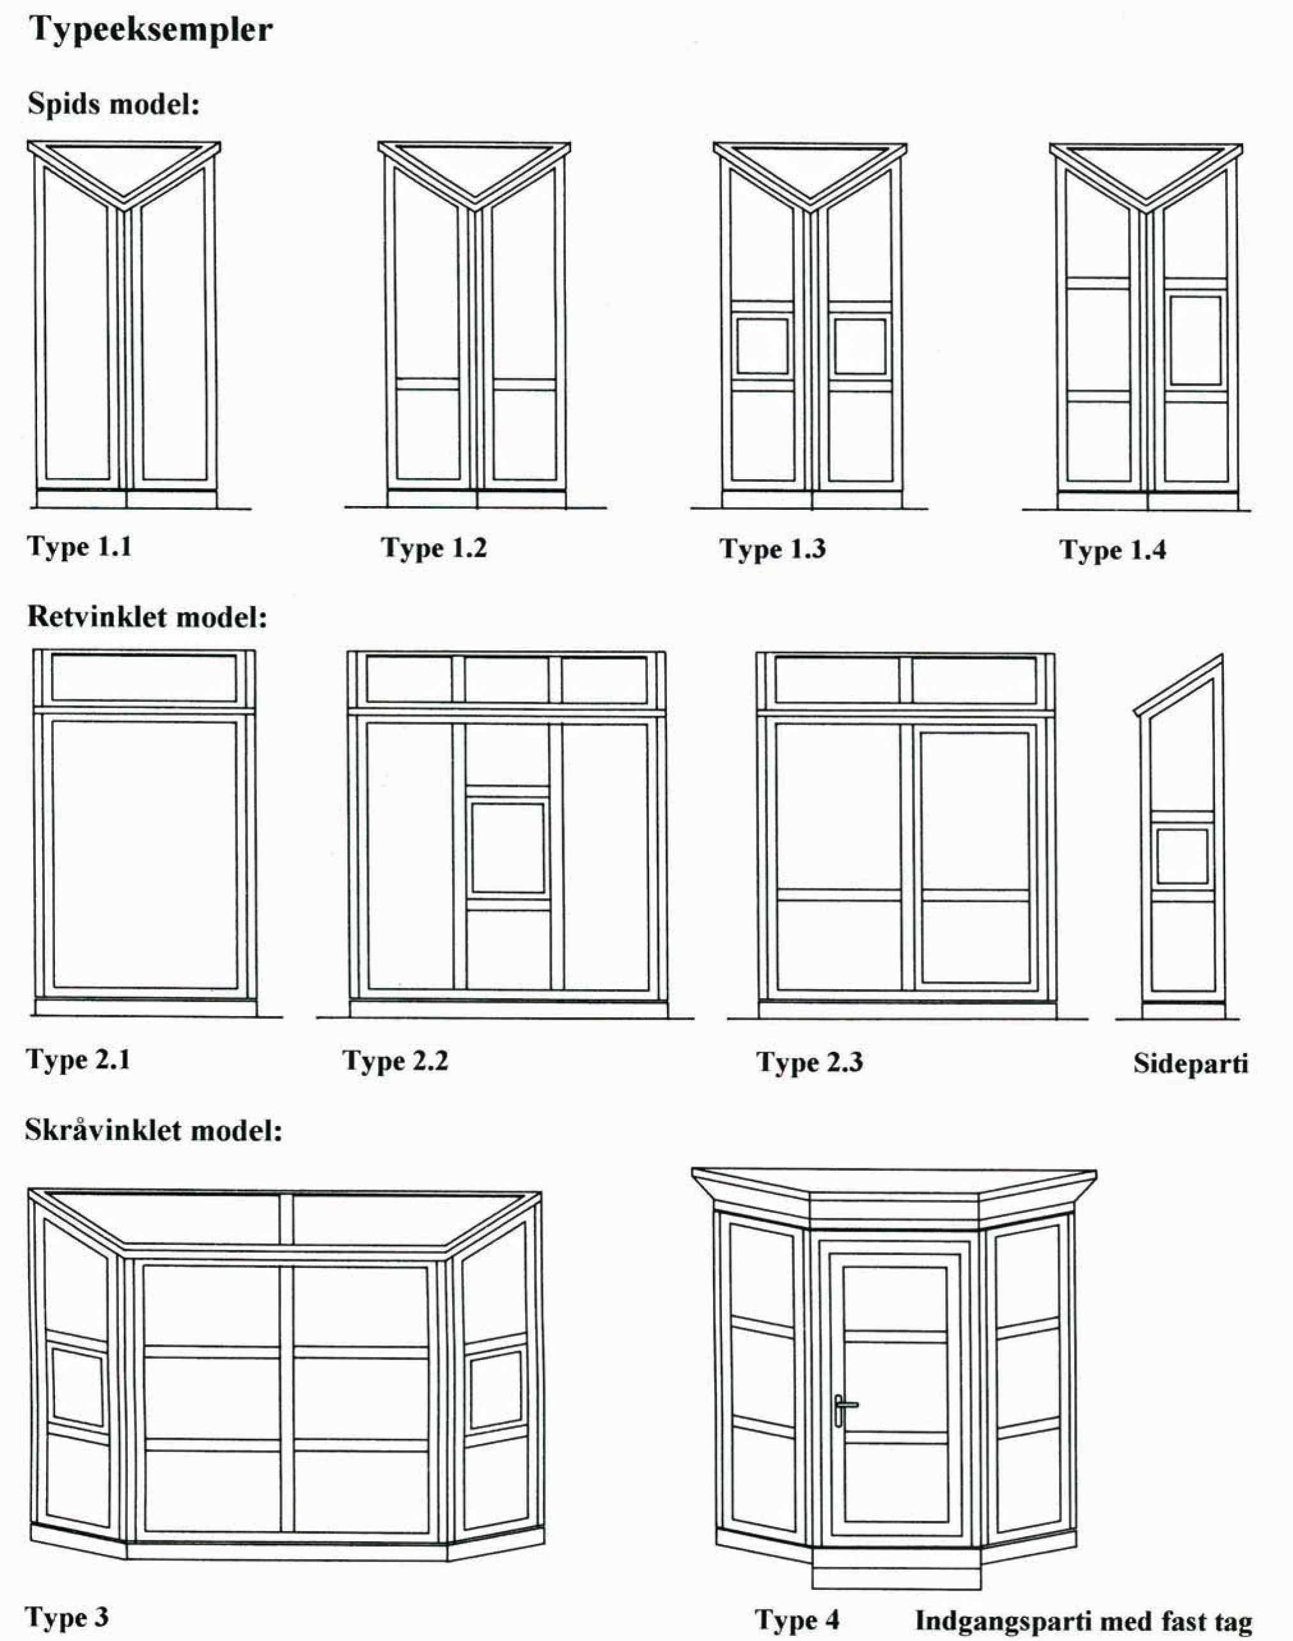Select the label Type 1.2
(x=434, y=548)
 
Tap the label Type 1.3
(x=772, y=549)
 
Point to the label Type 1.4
(x=1113, y=551)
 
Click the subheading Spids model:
(x=114, y=104)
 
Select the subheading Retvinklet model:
(x=148, y=617)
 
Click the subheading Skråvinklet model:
(x=153, y=1130)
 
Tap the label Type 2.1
(x=78, y=1059)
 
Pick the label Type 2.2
(x=395, y=1061)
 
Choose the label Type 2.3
(x=810, y=1063)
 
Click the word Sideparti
(x=1191, y=1064)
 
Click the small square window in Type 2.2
(x=507, y=849)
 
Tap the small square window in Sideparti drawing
(x=1182, y=856)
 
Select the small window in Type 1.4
(x=1195, y=341)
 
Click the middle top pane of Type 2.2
(x=506, y=680)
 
